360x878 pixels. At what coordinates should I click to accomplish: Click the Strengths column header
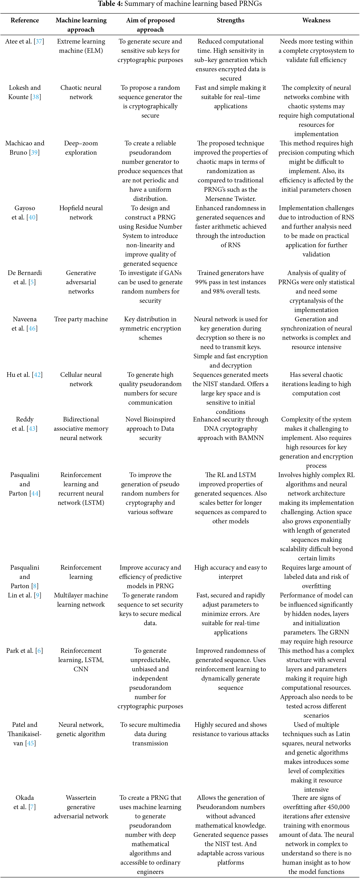[x=230, y=20]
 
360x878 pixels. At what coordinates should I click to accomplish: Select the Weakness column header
[x=316, y=20]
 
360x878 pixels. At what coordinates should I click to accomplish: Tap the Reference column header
[x=25, y=20]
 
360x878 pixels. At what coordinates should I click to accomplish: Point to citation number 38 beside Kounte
[x=35, y=97]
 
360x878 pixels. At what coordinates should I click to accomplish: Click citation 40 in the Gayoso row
[x=32, y=217]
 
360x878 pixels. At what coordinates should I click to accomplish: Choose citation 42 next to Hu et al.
[x=37, y=375]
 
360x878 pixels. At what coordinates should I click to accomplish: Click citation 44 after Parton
[x=35, y=493]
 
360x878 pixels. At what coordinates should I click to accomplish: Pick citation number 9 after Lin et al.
[x=37, y=595]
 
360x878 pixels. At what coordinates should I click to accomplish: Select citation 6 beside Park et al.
[x=39, y=651]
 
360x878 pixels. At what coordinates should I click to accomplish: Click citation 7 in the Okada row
[x=32, y=807]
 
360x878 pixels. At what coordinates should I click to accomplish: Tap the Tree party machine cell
[x=81, y=319]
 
